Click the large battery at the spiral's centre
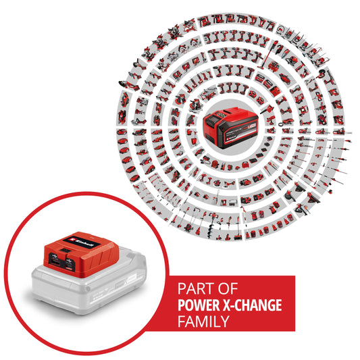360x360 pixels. click(x=230, y=125)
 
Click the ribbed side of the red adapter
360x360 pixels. click(x=101, y=260)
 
